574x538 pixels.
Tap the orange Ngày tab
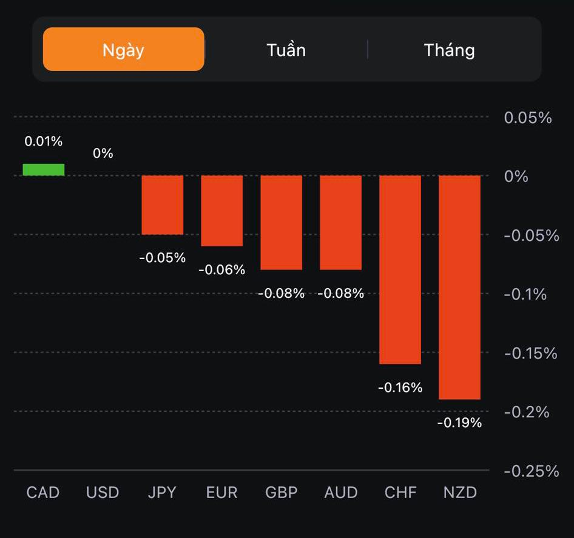(x=123, y=49)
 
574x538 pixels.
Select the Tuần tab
(x=286, y=49)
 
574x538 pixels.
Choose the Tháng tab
(x=449, y=49)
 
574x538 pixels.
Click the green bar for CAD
(x=44, y=170)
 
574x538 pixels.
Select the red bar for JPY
(x=163, y=205)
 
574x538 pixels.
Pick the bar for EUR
(x=222, y=211)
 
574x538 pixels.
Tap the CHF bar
(x=400, y=270)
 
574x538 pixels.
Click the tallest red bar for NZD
(x=460, y=287)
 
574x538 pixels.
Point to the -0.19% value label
(x=459, y=423)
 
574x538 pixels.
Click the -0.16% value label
(x=400, y=387)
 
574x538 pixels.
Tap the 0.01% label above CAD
(x=44, y=141)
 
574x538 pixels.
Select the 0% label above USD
(x=103, y=153)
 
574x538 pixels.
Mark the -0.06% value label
(x=222, y=269)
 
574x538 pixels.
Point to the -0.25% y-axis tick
(x=532, y=471)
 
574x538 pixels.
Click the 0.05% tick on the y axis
(x=528, y=118)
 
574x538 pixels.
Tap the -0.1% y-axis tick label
(x=525, y=294)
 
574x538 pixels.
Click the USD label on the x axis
(x=103, y=492)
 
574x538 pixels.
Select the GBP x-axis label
(x=282, y=492)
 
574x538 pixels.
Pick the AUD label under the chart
(x=341, y=492)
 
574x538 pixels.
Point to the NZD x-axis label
(x=460, y=492)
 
